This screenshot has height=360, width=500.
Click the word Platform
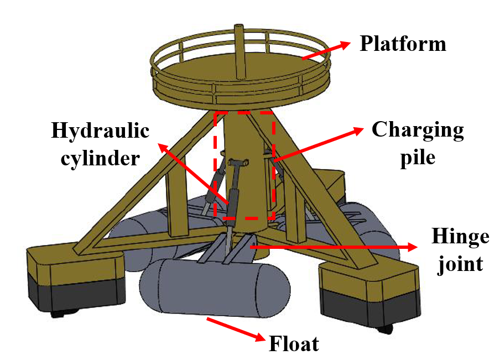[403, 43]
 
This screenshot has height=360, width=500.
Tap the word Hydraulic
[100, 131]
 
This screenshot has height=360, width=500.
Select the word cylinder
[100, 159]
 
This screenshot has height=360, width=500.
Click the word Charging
[418, 130]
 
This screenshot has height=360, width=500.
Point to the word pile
[418, 158]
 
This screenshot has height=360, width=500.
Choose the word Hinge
[460, 237]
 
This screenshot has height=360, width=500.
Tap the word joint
[460, 264]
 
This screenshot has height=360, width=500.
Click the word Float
[294, 344]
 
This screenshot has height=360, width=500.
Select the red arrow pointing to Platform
[326, 51]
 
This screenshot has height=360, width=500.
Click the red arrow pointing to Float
[236, 329]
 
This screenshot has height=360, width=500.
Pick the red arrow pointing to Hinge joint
[334, 247]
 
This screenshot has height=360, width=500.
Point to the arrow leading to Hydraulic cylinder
[193, 174]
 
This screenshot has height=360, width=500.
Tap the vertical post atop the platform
[239, 51]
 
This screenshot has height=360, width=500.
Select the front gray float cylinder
[215, 288]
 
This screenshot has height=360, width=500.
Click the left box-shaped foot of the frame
[76, 278]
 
